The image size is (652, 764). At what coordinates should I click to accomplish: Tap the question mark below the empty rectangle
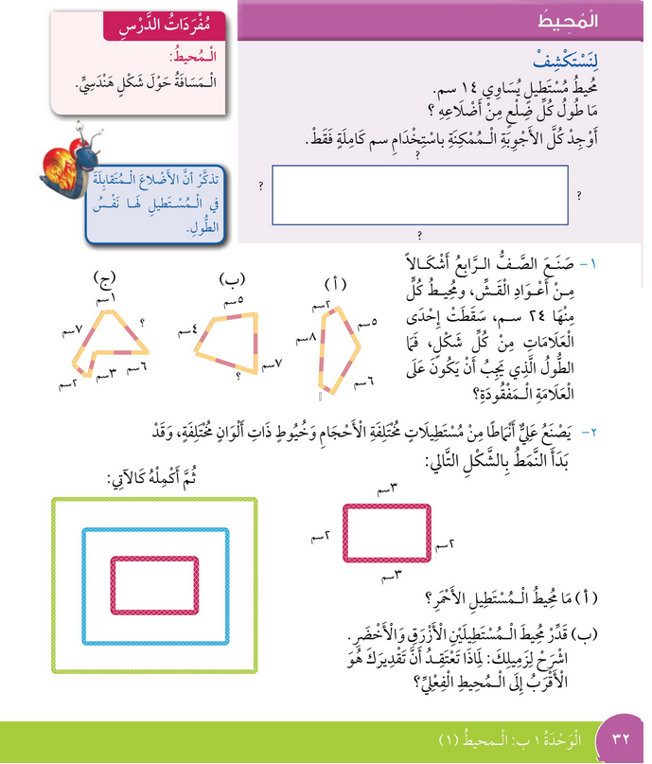click(x=418, y=234)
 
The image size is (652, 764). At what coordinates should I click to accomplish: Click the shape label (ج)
click(x=104, y=278)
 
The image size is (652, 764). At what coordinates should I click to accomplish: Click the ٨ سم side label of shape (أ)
click(x=306, y=337)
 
